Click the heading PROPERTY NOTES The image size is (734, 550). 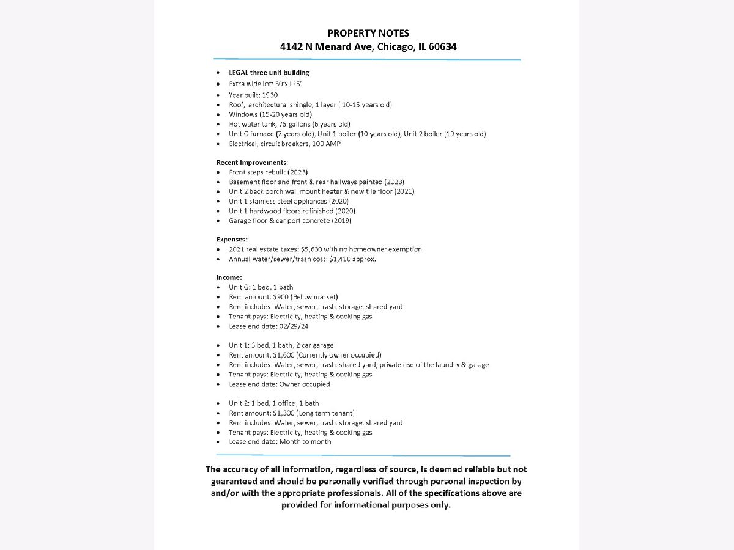coord(368,33)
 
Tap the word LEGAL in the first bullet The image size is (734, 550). coord(239,73)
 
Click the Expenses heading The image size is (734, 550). coord(232,239)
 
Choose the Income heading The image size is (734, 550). coord(229,277)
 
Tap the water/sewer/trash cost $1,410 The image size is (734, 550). coord(340,258)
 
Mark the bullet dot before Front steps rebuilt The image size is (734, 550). coord(219,172)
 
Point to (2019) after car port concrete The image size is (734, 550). coord(341,221)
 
